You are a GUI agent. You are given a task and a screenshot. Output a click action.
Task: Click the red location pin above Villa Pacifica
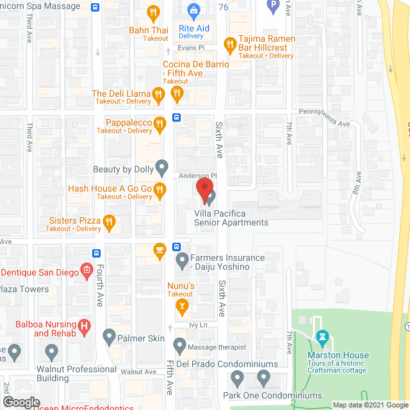pos(204,190)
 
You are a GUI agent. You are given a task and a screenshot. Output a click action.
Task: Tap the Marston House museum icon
pos(322,336)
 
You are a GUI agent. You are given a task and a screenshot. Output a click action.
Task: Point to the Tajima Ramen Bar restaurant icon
pos(230,44)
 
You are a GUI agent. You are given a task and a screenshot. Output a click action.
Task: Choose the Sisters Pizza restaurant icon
pos(110,223)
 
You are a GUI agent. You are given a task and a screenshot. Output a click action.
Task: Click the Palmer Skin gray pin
pos(108,336)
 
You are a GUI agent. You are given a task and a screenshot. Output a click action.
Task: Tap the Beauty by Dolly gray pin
pos(162,168)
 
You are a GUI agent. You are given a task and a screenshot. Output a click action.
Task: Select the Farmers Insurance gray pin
pos(183,261)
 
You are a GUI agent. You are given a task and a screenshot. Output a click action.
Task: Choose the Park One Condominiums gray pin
pos(236,379)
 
